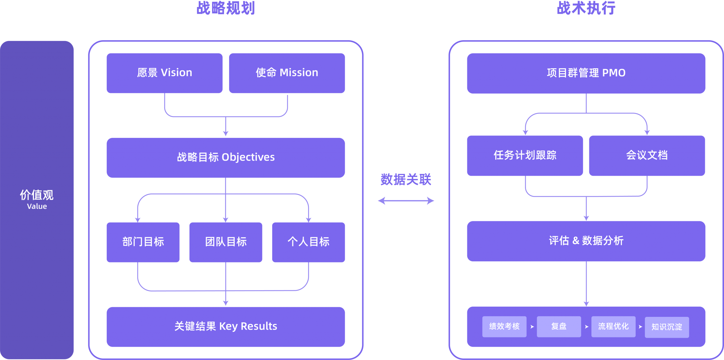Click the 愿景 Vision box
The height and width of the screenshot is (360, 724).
click(x=164, y=73)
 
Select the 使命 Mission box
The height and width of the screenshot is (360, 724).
click(x=287, y=73)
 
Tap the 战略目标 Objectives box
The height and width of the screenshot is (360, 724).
click(x=226, y=157)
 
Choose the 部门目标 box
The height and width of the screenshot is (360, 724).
click(x=143, y=242)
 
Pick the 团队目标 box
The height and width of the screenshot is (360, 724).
click(x=226, y=242)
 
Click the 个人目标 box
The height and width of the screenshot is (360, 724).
click(x=308, y=242)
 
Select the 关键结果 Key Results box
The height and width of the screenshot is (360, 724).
click(x=226, y=326)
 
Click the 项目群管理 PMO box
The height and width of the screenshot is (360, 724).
click(x=586, y=73)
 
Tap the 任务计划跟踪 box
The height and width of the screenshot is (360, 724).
click(x=525, y=156)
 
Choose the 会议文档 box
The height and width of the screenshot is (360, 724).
click(x=647, y=156)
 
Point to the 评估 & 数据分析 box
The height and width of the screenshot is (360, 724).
click(x=586, y=241)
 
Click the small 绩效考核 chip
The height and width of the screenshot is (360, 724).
click(x=504, y=326)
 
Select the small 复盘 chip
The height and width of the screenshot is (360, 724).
click(x=559, y=326)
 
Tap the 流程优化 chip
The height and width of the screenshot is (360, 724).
click(x=613, y=326)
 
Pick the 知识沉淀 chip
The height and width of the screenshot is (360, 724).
click(x=667, y=327)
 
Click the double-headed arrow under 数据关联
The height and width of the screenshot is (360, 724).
click(x=406, y=201)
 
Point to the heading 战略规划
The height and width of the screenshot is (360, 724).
click(x=226, y=8)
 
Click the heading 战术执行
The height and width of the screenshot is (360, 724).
click(x=586, y=8)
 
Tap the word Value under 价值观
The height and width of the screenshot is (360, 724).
click(x=37, y=207)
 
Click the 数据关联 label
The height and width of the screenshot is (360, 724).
click(x=406, y=180)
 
